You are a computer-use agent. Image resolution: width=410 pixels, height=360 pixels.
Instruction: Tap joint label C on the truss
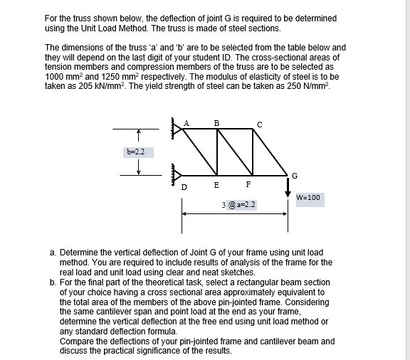point(259,125)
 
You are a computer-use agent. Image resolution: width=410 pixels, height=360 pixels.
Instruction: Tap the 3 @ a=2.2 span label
point(239,205)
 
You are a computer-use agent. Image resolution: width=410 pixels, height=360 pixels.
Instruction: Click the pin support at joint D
point(174,174)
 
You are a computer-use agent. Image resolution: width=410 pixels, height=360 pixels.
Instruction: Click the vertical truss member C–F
point(249,152)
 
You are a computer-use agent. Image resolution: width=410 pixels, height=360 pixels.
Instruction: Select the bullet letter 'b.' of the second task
point(53,282)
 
